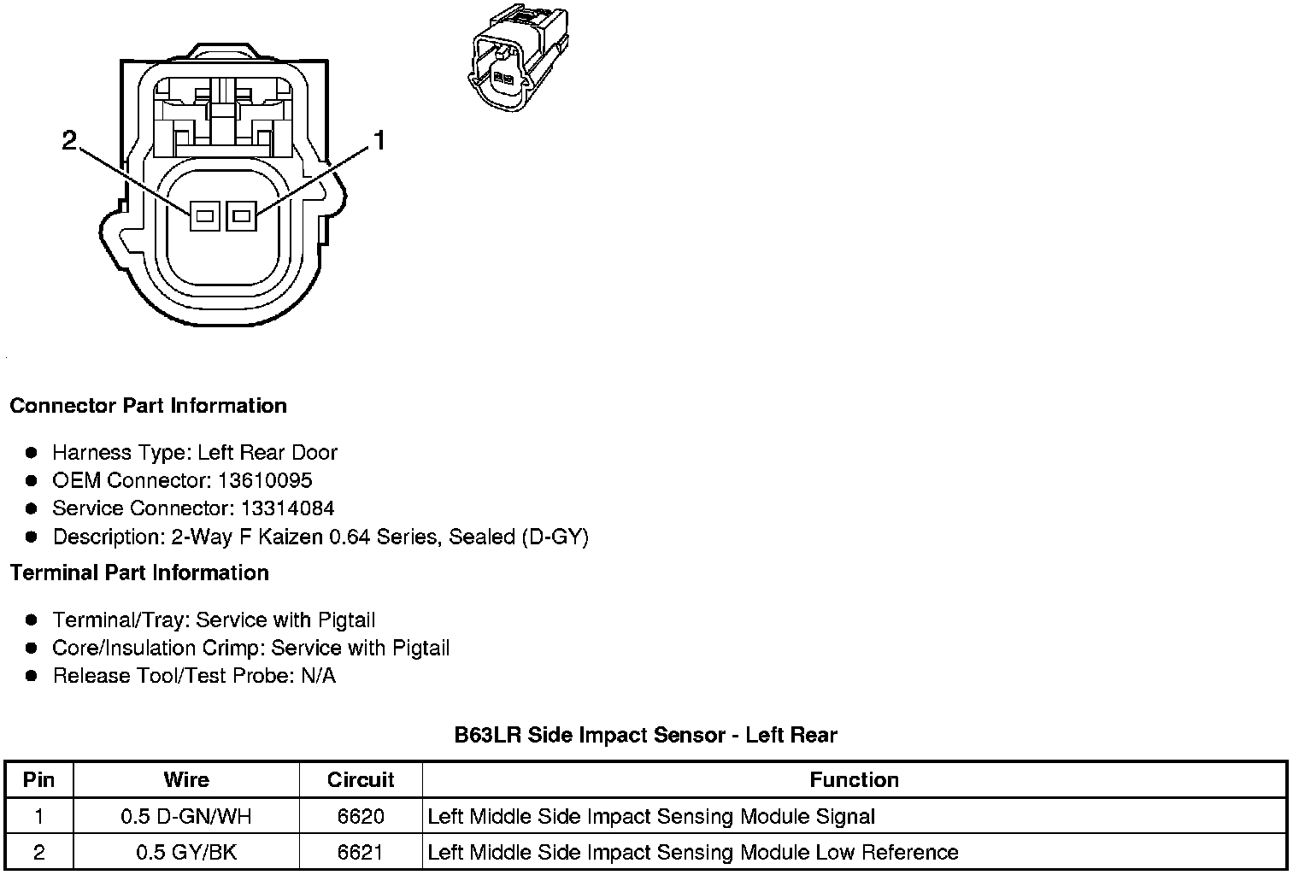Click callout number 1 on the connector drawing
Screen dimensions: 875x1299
[379, 140]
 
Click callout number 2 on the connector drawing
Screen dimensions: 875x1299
[70, 140]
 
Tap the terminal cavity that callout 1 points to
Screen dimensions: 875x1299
[241, 216]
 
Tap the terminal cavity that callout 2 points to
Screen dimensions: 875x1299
[203, 216]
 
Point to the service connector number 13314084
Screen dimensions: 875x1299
[287, 508]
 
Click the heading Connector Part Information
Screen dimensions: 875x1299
[148, 406]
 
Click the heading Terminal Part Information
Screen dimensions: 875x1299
[139, 573]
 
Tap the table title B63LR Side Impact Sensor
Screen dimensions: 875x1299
[645, 735]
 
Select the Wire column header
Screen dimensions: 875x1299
[186, 779]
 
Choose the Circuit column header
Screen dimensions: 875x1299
[361, 779]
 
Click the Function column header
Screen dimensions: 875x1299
[854, 779]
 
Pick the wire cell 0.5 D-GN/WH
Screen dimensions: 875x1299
[186, 816]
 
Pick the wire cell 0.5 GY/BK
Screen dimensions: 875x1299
[186, 852]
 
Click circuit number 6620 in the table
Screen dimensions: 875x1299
[361, 816]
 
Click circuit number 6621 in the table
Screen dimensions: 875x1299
[361, 852]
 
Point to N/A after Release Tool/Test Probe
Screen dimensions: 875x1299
[318, 676]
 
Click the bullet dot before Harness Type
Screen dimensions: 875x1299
[32, 452]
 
